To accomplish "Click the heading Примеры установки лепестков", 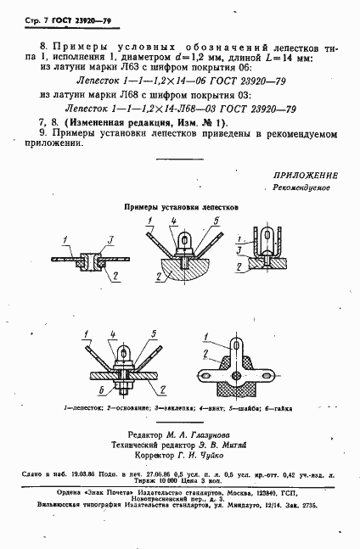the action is [178, 206].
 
